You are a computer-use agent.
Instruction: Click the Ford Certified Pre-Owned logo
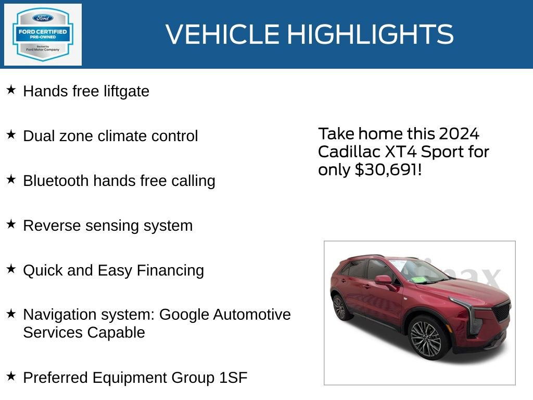(x=43, y=35)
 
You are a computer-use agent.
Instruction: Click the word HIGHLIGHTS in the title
(x=370, y=34)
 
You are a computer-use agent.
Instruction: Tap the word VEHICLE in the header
(x=222, y=34)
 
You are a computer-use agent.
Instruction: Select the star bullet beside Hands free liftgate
(x=11, y=90)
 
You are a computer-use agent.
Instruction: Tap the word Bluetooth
(x=56, y=181)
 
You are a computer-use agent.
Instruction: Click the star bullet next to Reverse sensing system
(x=11, y=224)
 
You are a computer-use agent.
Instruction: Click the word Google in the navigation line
(x=185, y=315)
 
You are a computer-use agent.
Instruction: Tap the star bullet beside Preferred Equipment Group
(x=11, y=376)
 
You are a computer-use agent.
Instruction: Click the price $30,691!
(x=387, y=170)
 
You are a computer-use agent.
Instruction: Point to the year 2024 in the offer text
(x=459, y=134)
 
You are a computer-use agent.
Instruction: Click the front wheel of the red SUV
(x=425, y=340)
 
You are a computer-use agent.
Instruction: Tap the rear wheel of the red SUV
(x=340, y=307)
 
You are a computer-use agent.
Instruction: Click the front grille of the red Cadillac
(x=501, y=311)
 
